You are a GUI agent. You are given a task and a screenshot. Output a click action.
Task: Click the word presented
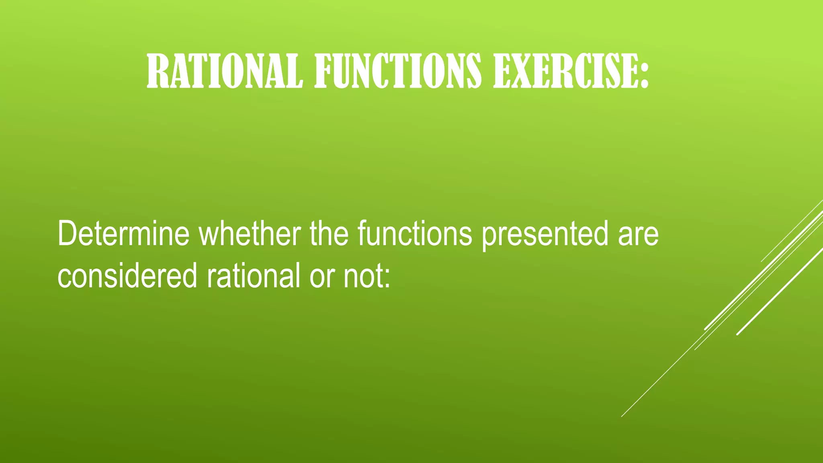[545, 236]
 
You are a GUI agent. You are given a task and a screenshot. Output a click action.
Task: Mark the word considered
[127, 276]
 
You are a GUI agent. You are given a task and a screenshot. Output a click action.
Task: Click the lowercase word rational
[253, 276]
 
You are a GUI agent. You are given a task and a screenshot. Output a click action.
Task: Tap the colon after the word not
[387, 278]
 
